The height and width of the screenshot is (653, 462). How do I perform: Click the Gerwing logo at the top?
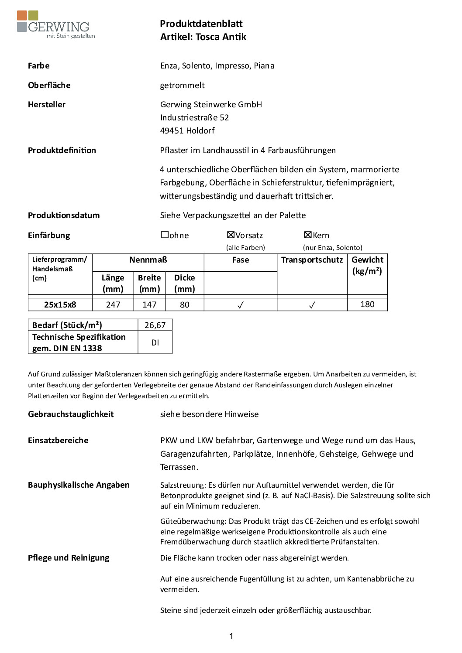point(55,25)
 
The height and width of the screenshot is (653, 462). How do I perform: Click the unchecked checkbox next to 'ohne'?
point(165,235)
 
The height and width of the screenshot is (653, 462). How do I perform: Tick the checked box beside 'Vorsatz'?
point(231,235)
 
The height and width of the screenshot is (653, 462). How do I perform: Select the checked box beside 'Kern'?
point(307,235)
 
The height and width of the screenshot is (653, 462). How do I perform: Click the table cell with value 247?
point(113,304)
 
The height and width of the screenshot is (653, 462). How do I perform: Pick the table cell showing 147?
point(149,304)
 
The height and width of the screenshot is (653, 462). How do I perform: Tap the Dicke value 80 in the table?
point(185,304)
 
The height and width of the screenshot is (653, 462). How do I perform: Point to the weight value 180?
point(367,304)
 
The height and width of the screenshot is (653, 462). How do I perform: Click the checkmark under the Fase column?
point(240,305)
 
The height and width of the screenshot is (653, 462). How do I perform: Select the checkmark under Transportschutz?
point(312,305)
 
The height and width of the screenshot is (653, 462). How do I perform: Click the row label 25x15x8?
point(60,304)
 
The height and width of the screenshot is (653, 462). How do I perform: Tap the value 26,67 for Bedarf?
point(155,325)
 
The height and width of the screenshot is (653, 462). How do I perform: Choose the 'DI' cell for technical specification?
point(155,342)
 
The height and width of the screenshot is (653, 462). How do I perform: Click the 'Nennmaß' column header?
point(148,260)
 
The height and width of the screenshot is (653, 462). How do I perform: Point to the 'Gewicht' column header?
point(367,260)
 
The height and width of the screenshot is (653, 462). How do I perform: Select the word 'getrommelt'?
point(182,85)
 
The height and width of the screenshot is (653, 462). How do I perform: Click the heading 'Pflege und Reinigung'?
point(69,557)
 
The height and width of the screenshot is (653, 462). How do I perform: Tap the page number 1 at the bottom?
point(231,636)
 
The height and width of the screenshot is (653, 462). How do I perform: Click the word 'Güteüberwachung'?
point(193,521)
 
